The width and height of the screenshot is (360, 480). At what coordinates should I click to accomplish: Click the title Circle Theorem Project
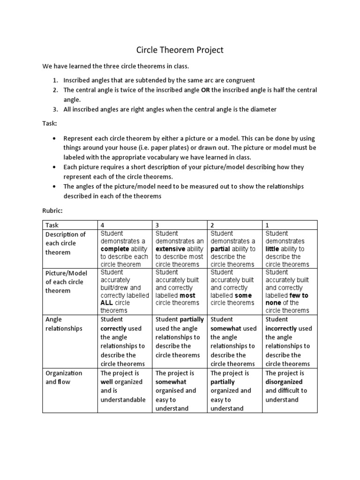(180, 50)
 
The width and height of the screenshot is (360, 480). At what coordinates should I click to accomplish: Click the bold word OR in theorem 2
(205, 90)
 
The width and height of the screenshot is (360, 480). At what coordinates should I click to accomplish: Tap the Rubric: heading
(52, 210)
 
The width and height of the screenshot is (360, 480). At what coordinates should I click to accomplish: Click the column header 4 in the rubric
(102, 225)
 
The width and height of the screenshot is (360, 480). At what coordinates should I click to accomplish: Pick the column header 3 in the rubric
(157, 225)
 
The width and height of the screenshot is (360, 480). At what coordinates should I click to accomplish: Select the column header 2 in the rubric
(212, 225)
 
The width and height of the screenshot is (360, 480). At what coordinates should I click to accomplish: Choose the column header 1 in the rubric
(267, 225)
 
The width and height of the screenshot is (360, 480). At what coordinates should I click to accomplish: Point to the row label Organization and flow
(63, 377)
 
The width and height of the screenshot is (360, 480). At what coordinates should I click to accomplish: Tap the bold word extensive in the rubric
(170, 249)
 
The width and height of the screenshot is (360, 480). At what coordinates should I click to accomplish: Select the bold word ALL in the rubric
(107, 303)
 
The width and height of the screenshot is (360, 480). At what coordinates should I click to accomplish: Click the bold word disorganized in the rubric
(284, 382)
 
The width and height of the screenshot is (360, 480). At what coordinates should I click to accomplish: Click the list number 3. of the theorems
(55, 109)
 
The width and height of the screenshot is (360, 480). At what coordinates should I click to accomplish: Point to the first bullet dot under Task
(55, 139)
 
